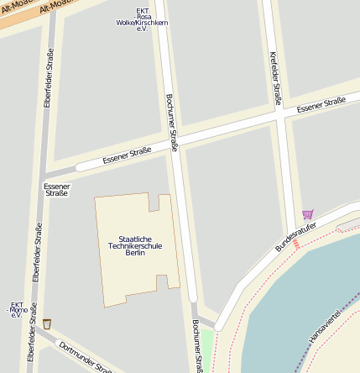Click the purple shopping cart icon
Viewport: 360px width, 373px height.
click(307, 214)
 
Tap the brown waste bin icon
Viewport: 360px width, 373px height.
click(47, 323)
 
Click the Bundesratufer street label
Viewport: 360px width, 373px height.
click(298, 237)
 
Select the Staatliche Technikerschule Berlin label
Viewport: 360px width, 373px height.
click(135, 246)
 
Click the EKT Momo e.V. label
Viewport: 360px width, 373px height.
click(16, 310)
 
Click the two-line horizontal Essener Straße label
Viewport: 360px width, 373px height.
click(56, 189)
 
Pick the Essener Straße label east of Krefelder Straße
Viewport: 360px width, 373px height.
click(321, 104)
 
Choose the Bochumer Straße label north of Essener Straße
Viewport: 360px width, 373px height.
click(172, 123)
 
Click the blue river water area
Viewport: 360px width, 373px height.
click(310, 286)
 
